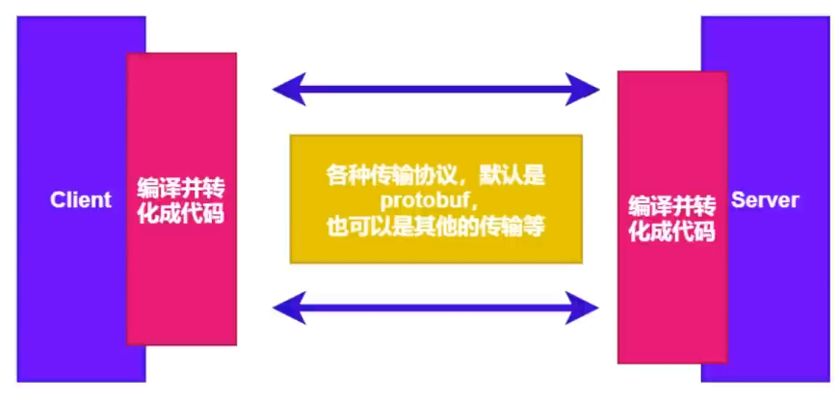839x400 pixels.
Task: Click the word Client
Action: pos(81,200)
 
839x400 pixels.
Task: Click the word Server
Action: pos(765,200)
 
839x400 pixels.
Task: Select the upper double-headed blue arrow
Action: pos(436,90)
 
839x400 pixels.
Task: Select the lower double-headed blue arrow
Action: pos(436,307)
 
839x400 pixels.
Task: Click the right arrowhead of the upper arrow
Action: pos(587,90)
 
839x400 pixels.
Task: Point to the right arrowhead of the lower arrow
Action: pos(587,307)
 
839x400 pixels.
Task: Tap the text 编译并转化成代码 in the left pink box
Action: pos(181,200)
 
